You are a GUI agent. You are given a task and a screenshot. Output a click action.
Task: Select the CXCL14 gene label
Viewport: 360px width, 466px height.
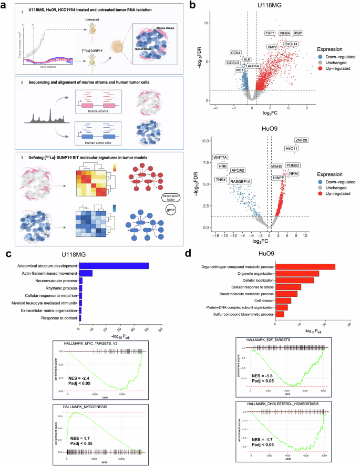[291, 44]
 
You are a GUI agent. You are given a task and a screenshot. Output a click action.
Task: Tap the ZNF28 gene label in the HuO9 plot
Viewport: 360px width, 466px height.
[301, 140]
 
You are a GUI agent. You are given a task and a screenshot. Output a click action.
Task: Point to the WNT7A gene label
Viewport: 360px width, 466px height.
[220, 157]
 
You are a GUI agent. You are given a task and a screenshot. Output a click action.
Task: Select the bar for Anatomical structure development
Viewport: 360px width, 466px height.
[114, 265]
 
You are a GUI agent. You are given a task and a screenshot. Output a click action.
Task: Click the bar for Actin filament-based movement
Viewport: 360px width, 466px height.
[86, 273]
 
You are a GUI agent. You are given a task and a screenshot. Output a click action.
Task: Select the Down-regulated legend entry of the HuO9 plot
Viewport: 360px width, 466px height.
[334, 182]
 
